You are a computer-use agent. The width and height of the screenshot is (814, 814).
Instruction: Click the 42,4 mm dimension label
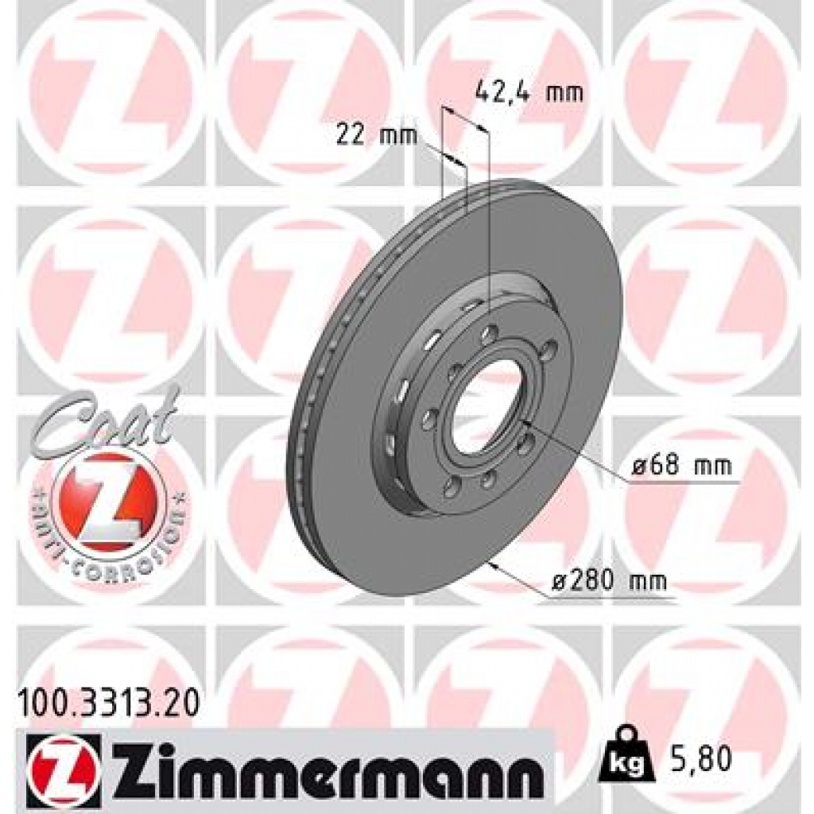pos(528,93)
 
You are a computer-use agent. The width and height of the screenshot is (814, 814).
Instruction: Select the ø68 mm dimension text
pos(681,467)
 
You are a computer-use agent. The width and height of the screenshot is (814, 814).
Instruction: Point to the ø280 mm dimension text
pos(609,582)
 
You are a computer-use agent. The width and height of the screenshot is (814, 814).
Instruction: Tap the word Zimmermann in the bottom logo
pos(325,767)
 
